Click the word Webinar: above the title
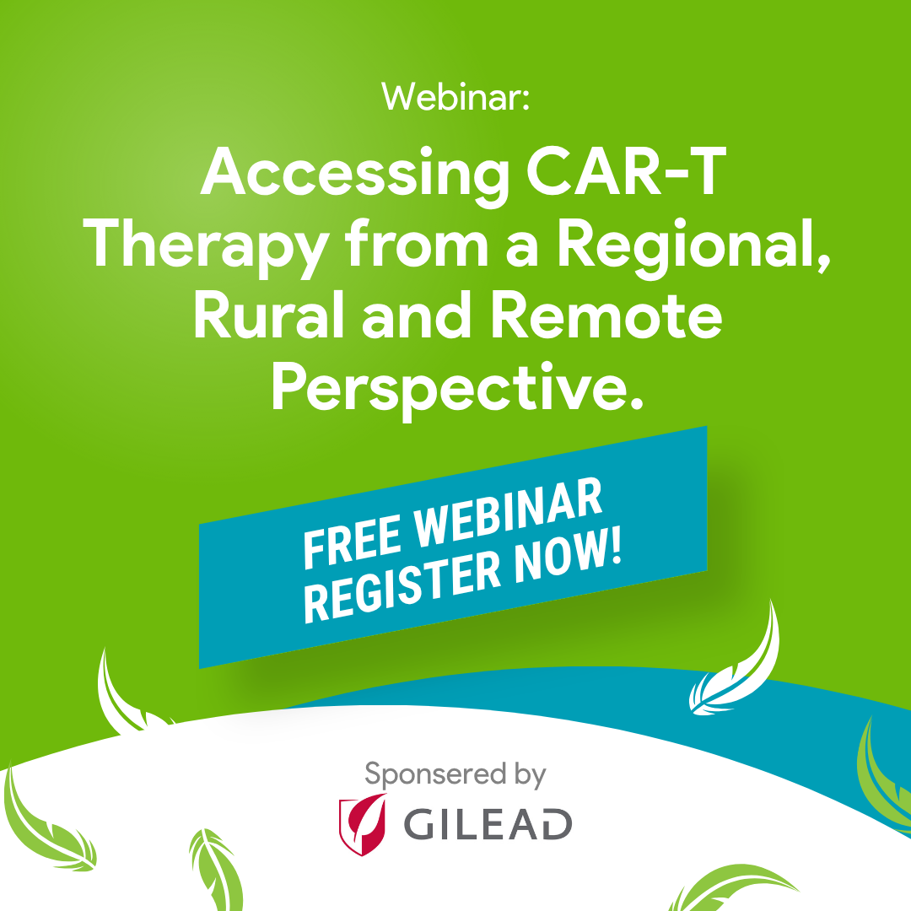coord(455,97)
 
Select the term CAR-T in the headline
coord(626,170)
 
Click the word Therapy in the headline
coord(207,248)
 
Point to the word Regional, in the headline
coord(694,247)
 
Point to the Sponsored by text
coord(455,775)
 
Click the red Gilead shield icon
coord(363,824)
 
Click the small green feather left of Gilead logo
coord(216,870)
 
